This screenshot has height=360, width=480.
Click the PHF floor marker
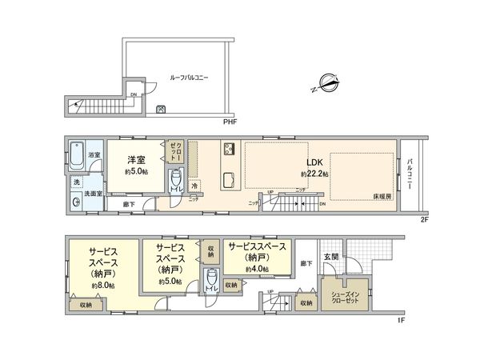pos(231,121)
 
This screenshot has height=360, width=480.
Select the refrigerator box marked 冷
pos(194,185)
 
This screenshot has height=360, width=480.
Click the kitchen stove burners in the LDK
pos(228,149)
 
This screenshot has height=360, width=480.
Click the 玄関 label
pos(331,257)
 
